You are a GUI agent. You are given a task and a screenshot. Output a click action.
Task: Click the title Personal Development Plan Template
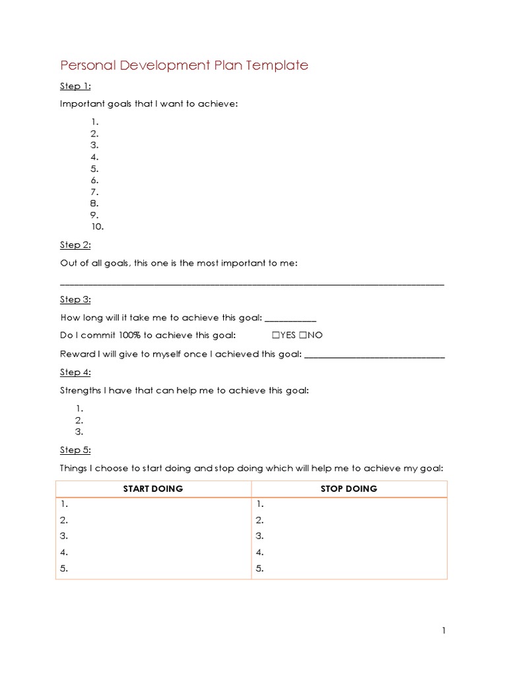(184, 65)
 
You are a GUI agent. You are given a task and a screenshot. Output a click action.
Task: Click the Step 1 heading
(75, 86)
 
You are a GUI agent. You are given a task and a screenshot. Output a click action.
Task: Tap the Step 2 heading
(75, 245)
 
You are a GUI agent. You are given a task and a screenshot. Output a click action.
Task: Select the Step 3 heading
(75, 299)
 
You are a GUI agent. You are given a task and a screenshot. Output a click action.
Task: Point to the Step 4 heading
(75, 372)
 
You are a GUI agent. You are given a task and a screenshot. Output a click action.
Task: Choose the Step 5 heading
(75, 450)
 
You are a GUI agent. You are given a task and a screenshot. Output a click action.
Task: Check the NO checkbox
(302, 336)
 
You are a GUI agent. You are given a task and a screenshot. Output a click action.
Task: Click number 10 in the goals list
(97, 227)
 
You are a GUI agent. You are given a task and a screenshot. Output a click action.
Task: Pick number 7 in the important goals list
(94, 192)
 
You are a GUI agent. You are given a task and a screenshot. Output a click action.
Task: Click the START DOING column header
(153, 489)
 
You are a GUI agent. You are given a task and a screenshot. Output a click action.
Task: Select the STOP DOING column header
(349, 489)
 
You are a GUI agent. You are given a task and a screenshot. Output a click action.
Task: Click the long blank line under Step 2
(252, 283)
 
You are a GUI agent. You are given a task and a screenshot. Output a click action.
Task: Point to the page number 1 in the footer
(444, 631)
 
